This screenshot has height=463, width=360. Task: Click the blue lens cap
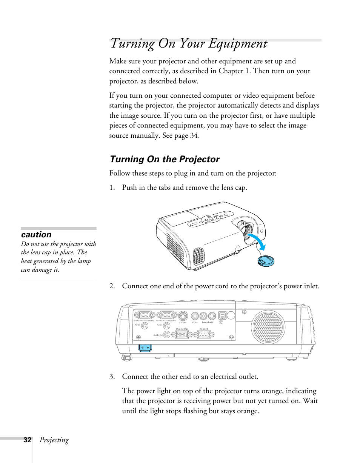click(x=266, y=260)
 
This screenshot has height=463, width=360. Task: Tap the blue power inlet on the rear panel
click(x=145, y=348)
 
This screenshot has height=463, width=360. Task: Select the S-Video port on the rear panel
click(x=183, y=316)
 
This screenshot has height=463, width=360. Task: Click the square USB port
click(x=222, y=316)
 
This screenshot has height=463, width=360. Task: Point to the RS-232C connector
click(x=204, y=334)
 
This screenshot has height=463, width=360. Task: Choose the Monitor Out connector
click(x=182, y=334)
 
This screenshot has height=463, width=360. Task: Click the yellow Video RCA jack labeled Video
click(x=195, y=316)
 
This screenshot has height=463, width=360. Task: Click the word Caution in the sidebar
click(x=36, y=234)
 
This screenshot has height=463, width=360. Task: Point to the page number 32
click(x=27, y=440)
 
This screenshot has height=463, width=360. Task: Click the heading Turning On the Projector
click(x=164, y=159)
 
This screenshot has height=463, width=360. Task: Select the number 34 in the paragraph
click(x=194, y=135)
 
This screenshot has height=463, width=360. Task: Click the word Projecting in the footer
click(x=54, y=440)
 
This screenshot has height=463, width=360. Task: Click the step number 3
click(x=111, y=377)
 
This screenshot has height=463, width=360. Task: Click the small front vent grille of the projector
click(x=198, y=255)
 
